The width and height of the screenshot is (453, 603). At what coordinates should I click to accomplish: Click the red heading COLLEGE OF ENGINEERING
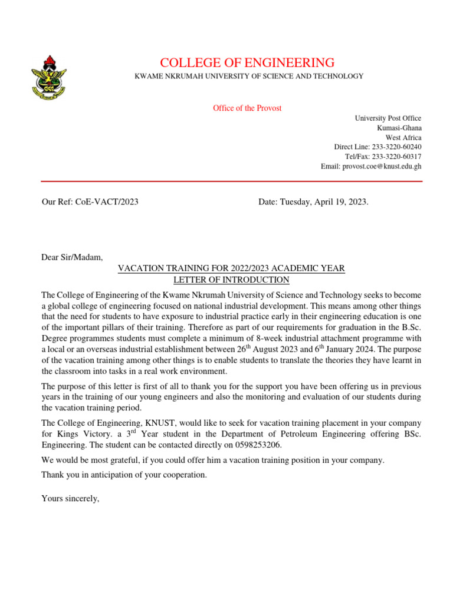(x=247, y=62)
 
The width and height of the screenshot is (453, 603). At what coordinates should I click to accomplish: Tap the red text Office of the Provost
(x=247, y=108)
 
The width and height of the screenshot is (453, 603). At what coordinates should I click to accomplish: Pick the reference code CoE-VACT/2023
(x=106, y=202)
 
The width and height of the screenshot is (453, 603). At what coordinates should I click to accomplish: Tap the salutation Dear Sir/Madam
(x=72, y=257)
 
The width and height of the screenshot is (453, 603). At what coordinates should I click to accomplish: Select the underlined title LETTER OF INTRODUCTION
(x=231, y=280)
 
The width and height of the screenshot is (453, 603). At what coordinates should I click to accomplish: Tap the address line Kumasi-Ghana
(x=399, y=128)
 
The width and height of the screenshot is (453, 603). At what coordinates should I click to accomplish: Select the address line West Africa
(x=403, y=137)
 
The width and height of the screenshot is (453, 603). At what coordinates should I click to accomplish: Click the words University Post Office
(x=388, y=118)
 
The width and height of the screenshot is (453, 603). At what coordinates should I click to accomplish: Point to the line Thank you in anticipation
(x=124, y=475)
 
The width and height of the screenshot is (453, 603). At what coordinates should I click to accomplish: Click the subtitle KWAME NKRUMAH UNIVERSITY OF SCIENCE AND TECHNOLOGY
(x=250, y=77)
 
